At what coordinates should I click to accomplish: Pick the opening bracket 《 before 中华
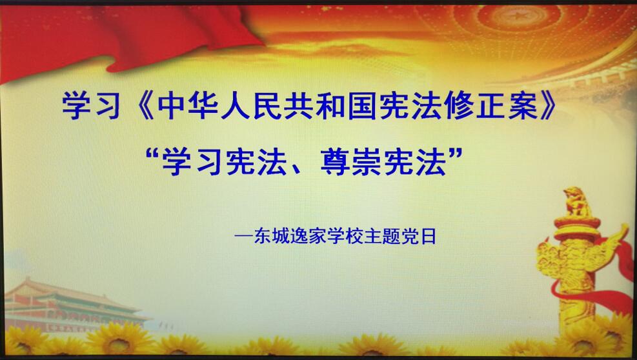[143, 105]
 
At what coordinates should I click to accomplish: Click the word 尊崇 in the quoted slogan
[351, 162]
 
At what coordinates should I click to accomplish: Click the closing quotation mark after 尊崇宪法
[456, 154]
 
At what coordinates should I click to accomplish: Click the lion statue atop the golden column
[576, 202]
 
